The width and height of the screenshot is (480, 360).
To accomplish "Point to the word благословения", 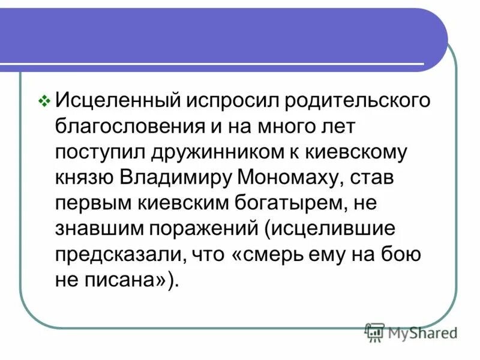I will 124,127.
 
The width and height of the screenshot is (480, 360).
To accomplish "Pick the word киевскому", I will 358,152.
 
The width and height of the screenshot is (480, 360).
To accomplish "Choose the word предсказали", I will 120,256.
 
